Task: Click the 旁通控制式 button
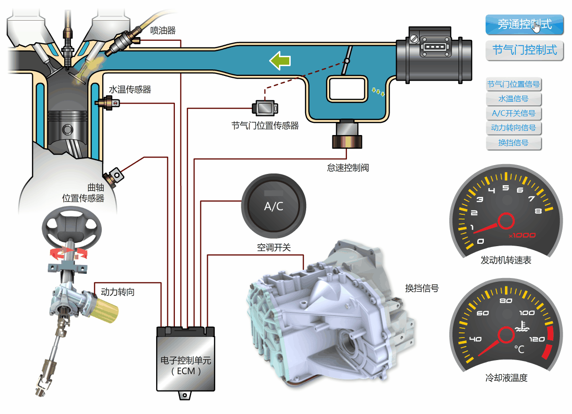point(524,24)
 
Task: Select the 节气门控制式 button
point(524,50)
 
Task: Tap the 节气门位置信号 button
point(513,84)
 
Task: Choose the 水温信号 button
point(513,98)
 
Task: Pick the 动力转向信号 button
point(513,128)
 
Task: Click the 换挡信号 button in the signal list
point(513,143)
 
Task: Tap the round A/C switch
point(274,206)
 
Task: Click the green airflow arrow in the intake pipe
point(280,61)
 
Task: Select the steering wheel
point(72,228)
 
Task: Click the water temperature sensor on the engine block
point(107,103)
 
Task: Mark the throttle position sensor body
point(265,108)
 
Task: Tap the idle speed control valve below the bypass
point(347,134)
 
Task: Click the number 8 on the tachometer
point(538,211)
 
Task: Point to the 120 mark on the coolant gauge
point(537,339)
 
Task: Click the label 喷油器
point(163,30)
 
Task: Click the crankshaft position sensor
point(113,178)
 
